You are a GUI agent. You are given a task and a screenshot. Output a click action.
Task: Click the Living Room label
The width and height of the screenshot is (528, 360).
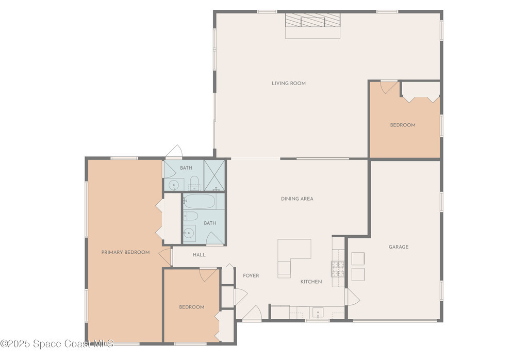coord(289,83)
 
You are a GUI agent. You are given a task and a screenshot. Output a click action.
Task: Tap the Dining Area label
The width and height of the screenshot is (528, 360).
coord(297,199)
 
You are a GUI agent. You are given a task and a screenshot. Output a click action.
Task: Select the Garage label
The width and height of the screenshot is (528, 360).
coord(399,247)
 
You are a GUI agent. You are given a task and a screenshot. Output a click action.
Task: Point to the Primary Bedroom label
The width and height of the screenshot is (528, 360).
coord(125,252)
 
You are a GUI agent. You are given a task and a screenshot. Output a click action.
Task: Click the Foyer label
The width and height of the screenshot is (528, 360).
coord(251,275)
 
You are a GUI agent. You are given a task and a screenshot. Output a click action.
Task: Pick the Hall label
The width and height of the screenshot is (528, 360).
coord(199,255)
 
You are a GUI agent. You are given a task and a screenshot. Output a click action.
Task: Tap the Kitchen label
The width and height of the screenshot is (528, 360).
coord(311,282)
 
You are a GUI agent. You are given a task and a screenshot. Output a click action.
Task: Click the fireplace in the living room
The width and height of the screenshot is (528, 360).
coord(312,26)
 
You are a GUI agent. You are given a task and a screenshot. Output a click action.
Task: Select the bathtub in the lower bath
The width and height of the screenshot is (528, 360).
coord(199,201)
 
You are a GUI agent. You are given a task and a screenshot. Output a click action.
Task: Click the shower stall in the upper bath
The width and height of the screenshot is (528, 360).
coord(214,175)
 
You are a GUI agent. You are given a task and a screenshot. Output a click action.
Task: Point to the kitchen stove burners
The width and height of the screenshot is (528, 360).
coord(338,269)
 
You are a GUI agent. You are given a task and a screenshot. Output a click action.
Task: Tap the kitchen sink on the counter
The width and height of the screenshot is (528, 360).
coord(318,313)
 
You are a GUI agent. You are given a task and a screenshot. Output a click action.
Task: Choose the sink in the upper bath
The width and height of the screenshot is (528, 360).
coord(174,185)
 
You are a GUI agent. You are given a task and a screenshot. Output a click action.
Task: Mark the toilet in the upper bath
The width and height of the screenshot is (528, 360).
coord(194,183)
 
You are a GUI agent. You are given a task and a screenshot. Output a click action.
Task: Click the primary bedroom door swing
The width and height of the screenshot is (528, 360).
coord(164,257)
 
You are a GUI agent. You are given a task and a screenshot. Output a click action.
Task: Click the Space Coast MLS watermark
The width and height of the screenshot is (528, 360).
coord(57,343)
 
